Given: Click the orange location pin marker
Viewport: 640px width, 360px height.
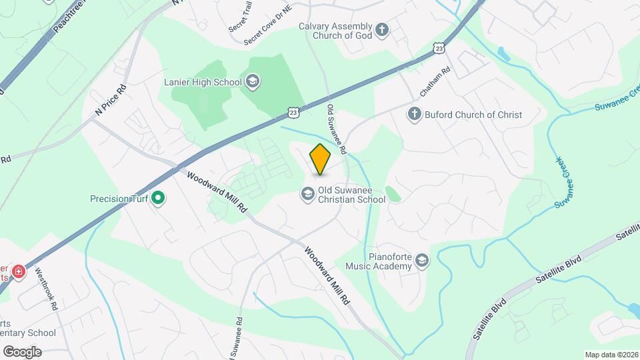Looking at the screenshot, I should [321, 159].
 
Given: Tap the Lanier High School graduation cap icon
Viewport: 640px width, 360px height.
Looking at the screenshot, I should [253, 83].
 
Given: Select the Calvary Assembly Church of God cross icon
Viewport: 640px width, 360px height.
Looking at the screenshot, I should [382, 29].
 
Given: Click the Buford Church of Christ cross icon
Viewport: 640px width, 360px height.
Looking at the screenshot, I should [414, 115].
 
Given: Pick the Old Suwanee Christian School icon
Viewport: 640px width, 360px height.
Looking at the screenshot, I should [308, 194].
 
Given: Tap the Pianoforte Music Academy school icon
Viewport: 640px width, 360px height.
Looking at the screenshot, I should [421, 261].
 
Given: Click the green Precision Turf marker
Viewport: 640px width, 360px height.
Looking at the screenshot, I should [158, 198].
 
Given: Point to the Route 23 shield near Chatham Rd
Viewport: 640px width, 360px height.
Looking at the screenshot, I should [438, 48].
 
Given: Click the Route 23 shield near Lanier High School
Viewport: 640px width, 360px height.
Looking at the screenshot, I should [294, 113].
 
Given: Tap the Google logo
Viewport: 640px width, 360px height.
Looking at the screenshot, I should [21, 351].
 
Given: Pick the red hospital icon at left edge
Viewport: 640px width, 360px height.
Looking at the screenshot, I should [18, 271].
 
